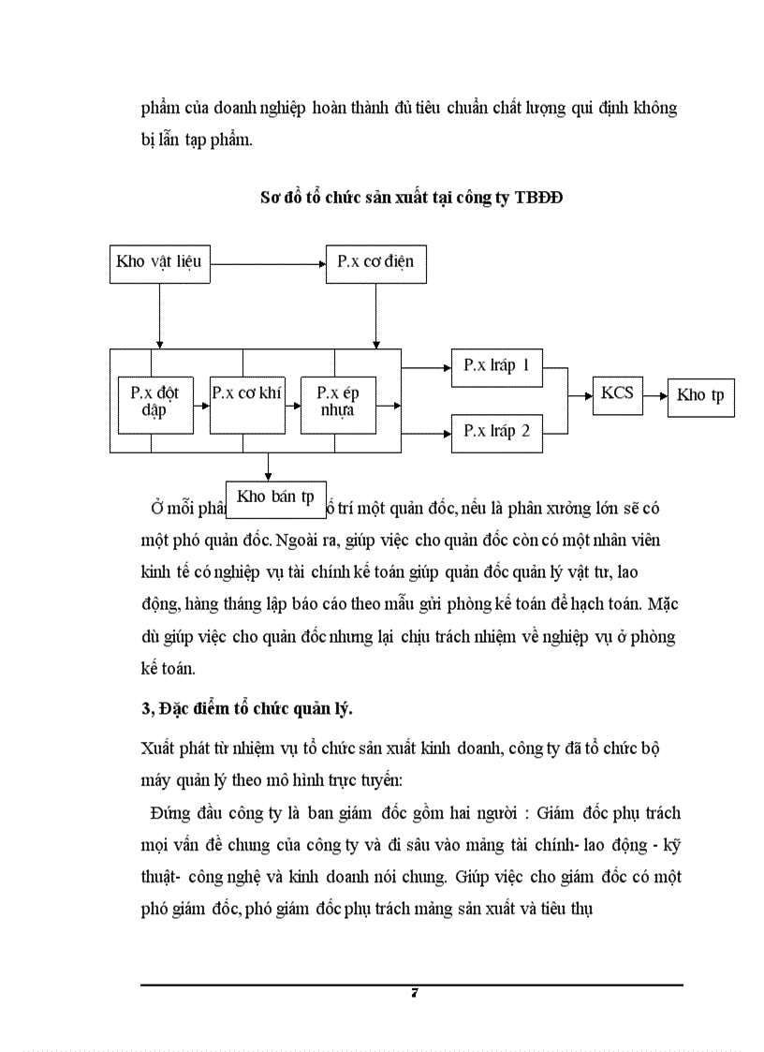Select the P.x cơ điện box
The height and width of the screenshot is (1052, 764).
point(375,262)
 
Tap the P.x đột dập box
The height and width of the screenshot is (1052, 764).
point(154,404)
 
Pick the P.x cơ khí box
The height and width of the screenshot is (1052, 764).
point(246,404)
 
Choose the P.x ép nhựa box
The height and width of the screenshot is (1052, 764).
point(337,404)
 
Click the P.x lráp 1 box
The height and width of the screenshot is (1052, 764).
point(496,366)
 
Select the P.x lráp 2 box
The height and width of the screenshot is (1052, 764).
point(496,432)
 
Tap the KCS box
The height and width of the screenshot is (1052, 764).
point(617,393)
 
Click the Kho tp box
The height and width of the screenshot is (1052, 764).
point(701,395)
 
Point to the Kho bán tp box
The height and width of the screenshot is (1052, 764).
point(275,497)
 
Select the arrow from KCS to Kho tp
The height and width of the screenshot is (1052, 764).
point(654,394)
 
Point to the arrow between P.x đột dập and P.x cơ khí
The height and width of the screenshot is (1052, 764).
point(200,406)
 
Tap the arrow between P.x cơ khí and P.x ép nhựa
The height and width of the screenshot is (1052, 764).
point(291,406)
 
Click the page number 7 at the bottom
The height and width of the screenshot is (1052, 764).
point(413,994)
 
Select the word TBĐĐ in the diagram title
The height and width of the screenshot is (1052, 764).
point(538,199)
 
